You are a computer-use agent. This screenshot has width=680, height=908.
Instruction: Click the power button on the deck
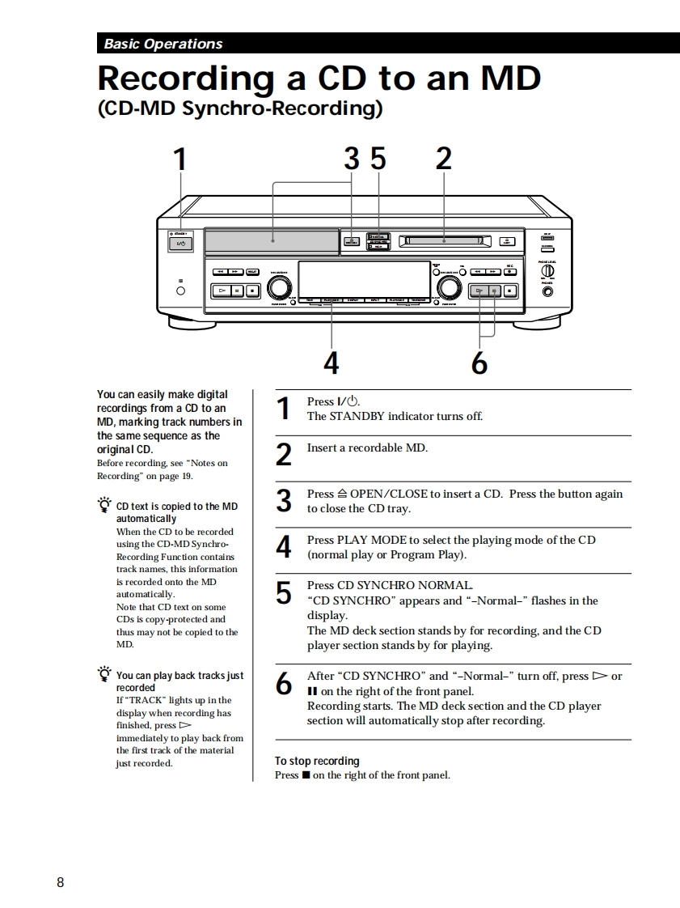coord(180,243)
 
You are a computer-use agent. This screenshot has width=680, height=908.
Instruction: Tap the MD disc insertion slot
coord(444,240)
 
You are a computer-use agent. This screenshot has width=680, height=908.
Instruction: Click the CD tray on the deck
coord(272,240)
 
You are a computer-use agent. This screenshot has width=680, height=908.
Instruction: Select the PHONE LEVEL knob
coord(547,272)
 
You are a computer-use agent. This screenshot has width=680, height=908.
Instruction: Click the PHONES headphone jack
coord(547,292)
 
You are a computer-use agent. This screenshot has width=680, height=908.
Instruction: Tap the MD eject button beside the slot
coord(507,240)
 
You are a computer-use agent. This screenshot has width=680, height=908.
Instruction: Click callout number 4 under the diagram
coord(332,364)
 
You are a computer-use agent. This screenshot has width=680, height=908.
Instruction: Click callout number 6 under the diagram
coord(479,364)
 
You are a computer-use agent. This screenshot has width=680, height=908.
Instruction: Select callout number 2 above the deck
coord(443,159)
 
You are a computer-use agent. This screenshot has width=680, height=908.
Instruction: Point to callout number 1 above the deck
coord(180,159)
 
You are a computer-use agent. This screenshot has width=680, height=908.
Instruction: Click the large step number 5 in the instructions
coord(283,594)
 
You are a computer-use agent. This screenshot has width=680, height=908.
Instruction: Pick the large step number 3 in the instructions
coord(283,502)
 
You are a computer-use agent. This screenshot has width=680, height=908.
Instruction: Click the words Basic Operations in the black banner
coord(163,44)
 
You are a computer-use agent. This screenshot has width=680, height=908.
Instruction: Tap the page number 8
coord(61,882)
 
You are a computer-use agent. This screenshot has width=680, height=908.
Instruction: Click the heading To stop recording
coord(317,761)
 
